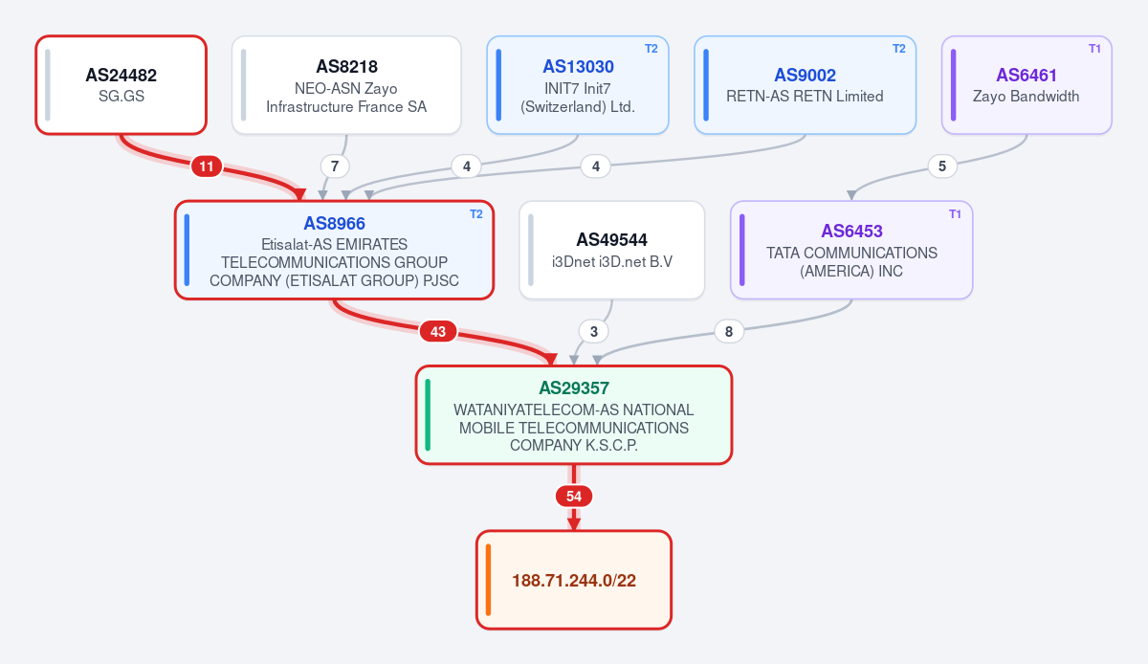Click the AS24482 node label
click(x=121, y=76)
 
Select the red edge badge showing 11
click(x=207, y=166)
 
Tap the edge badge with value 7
click(x=335, y=166)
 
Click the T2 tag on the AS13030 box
click(x=651, y=49)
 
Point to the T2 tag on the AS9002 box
click(x=899, y=49)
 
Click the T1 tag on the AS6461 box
click(x=1094, y=49)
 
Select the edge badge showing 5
click(x=942, y=166)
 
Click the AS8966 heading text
click(x=334, y=224)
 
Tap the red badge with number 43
click(x=438, y=332)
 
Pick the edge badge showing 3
click(x=593, y=332)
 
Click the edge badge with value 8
click(x=729, y=332)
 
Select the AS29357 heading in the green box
click(x=574, y=388)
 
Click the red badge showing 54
click(x=574, y=497)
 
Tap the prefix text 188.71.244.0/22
click(x=574, y=581)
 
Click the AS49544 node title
click(x=611, y=239)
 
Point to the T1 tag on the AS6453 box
click(x=955, y=214)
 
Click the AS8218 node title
click(x=346, y=67)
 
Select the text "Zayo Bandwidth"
click(x=1026, y=97)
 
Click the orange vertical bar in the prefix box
click(x=489, y=580)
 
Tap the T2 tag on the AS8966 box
click(x=476, y=214)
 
